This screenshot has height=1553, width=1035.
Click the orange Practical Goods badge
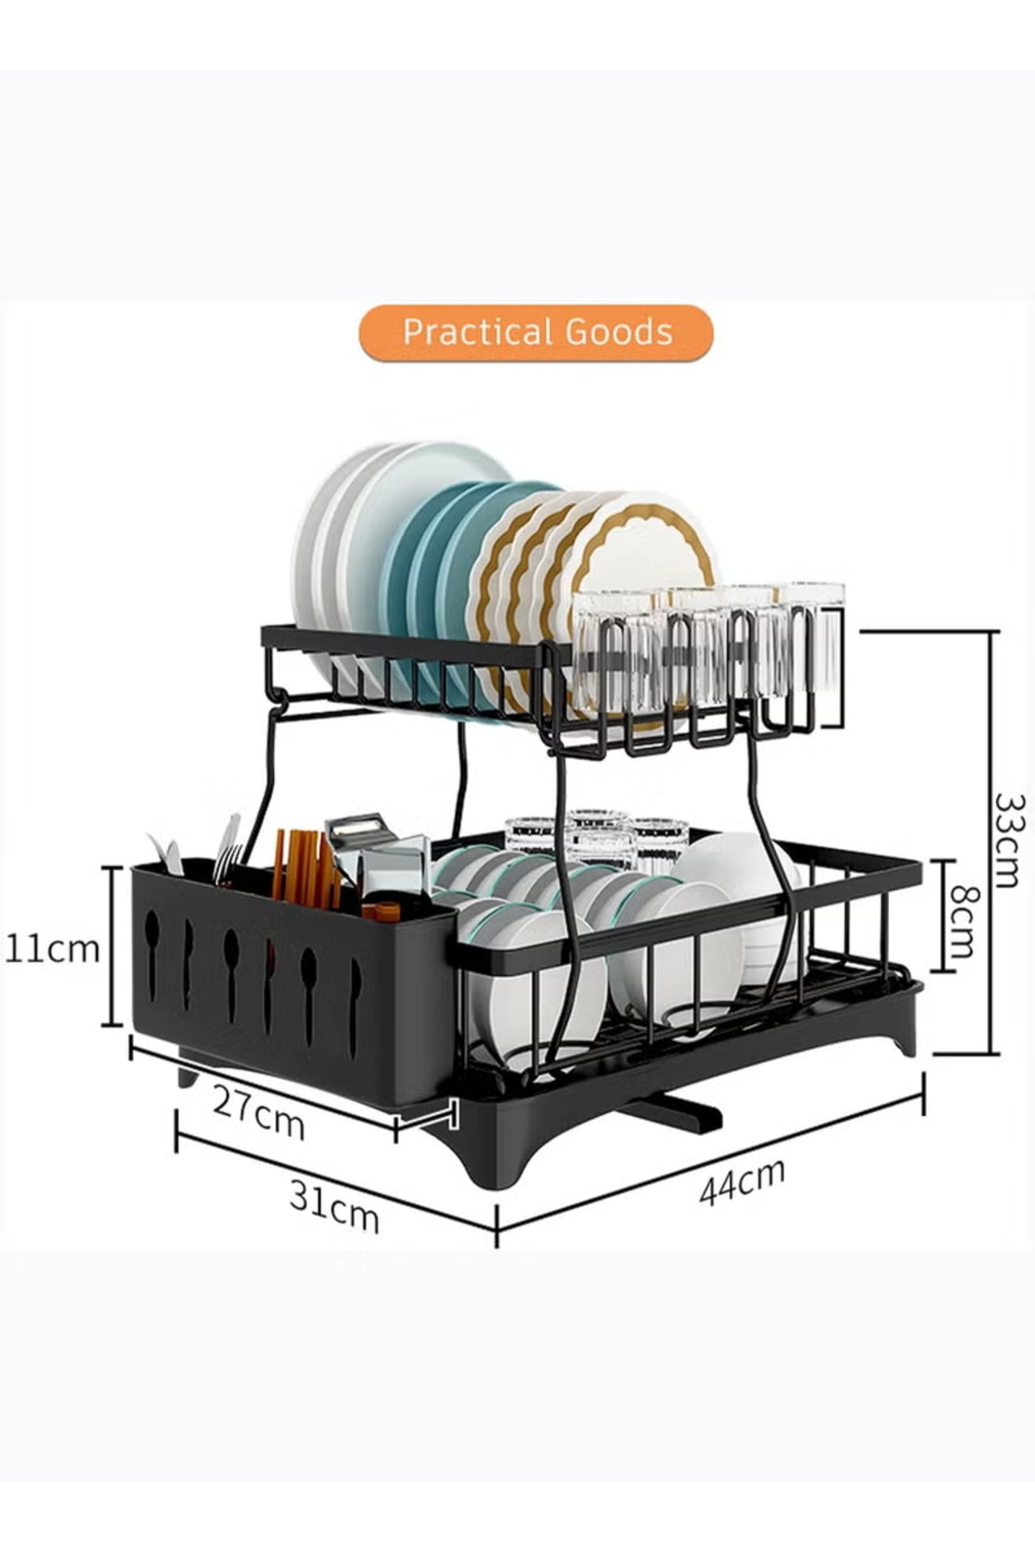tap(536, 332)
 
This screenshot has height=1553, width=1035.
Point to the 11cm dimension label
tap(53, 948)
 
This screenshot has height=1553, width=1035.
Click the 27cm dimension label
tap(258, 1112)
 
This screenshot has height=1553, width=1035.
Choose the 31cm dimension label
tap(334, 1205)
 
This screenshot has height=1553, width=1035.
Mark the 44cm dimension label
tap(742, 1181)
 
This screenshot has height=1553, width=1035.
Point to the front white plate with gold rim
tap(647, 561)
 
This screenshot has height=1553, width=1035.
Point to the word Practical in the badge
tap(477, 332)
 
